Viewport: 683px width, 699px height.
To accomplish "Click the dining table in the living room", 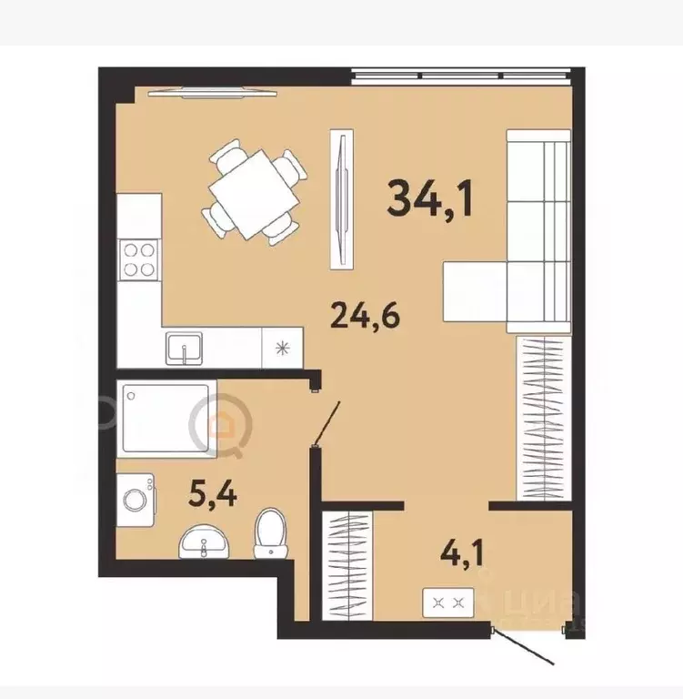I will pos(253,192).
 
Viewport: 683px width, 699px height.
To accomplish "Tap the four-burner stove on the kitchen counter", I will pos(139,258).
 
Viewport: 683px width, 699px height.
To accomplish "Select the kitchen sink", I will pos(186,347).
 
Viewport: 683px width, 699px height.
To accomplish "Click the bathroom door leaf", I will pos(328,424).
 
